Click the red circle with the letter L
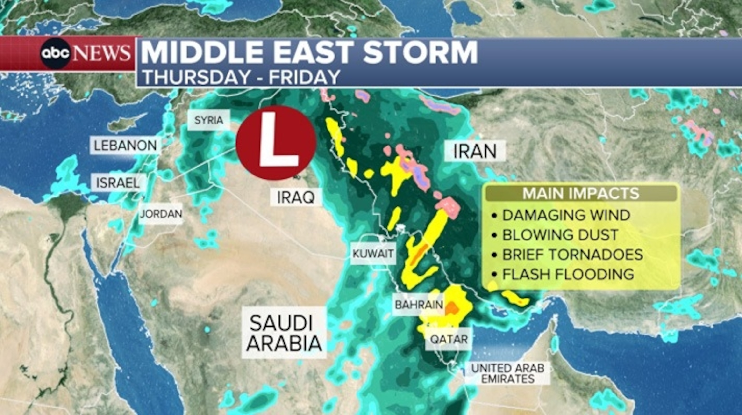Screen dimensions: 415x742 point(276,143)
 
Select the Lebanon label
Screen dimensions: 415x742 point(125,146)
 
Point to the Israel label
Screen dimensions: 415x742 point(118,183)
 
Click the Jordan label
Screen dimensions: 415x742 point(161,214)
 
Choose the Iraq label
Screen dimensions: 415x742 point(296,197)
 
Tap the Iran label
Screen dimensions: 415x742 point(475,151)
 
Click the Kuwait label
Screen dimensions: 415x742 point(373,254)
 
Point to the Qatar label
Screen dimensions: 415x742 point(449,339)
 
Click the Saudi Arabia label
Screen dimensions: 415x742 point(284,333)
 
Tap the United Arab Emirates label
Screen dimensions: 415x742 point(507,373)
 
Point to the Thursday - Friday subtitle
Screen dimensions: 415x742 point(241,77)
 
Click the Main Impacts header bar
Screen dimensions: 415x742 point(581,193)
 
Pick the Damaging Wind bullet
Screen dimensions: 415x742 point(566,215)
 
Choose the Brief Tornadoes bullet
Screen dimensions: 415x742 point(572,255)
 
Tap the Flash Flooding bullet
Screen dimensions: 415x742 point(568,274)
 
